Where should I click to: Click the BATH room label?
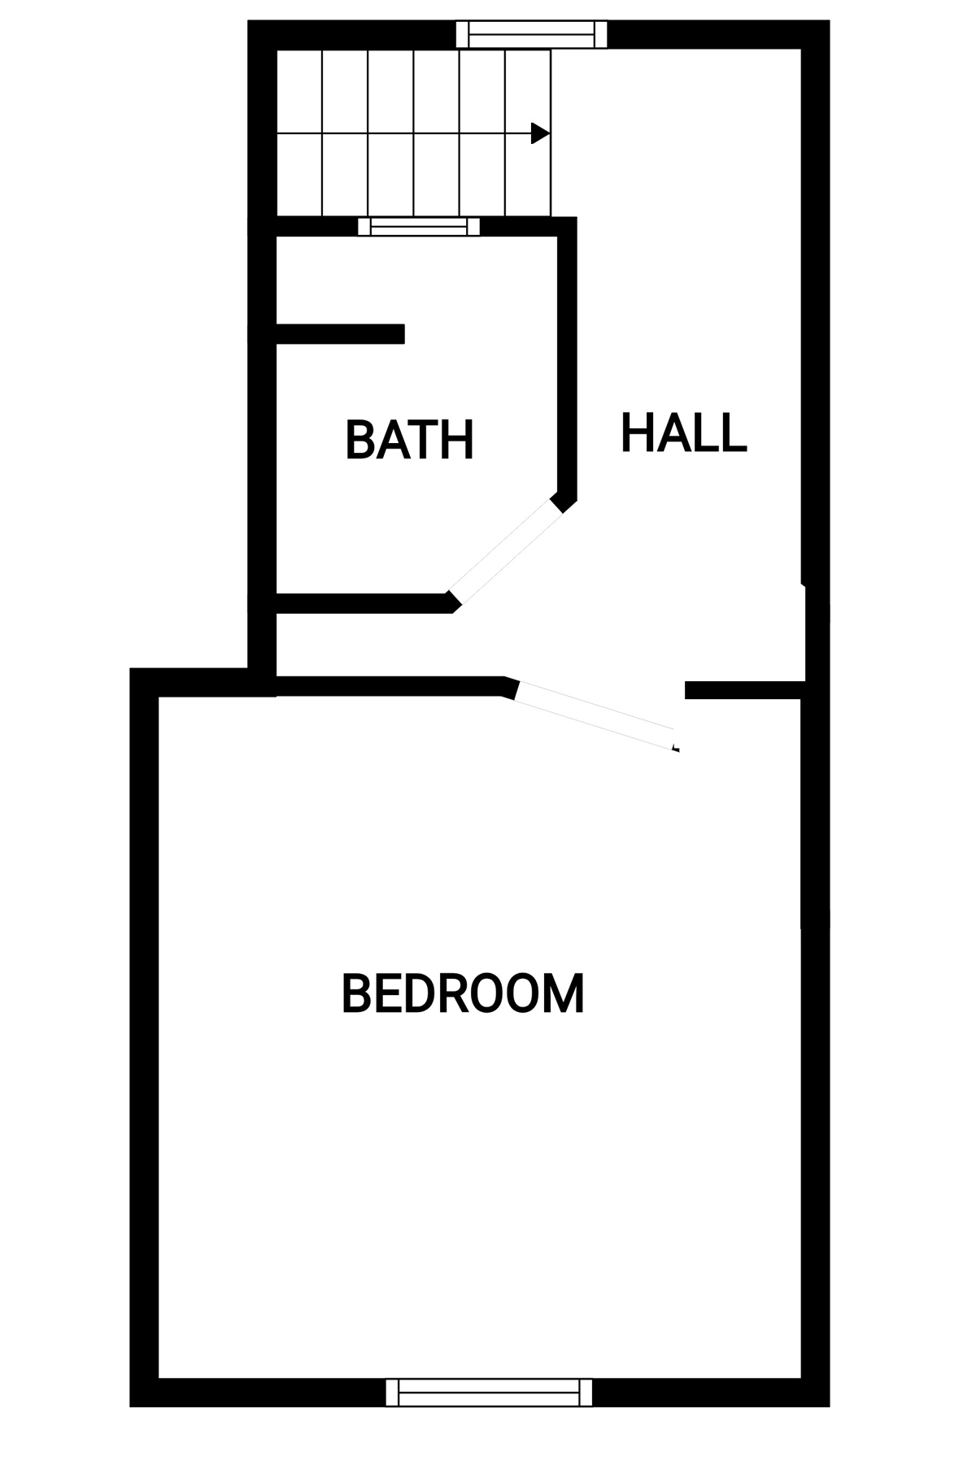pos(409,440)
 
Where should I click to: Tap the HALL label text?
pos(683,432)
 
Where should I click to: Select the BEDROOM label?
pos(463,993)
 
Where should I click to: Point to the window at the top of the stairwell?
pos(531,35)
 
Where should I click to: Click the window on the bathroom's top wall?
pos(419,226)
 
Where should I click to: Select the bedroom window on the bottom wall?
pos(489,1392)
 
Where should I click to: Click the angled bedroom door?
pos(596,715)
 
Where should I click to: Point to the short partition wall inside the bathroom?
pos(340,334)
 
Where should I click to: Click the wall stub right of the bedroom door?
pos(745,690)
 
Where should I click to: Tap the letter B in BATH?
pos(359,440)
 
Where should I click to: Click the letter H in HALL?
pos(637,432)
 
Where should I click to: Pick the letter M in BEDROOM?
pos(566,993)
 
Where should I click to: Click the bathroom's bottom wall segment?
pos(364,603)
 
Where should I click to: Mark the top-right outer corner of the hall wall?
pos(829,21)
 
